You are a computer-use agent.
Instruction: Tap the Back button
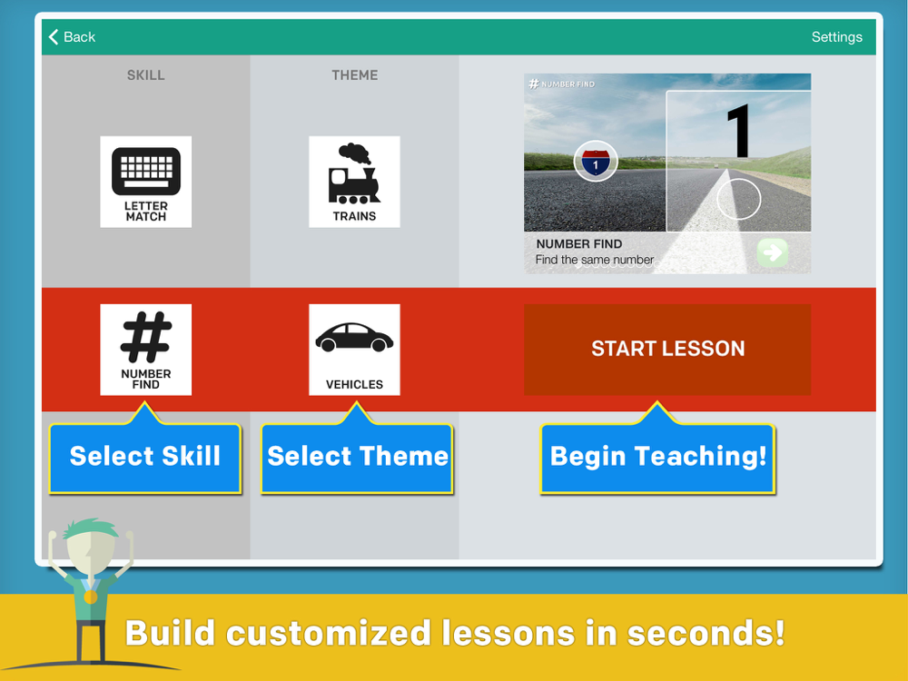coord(73,37)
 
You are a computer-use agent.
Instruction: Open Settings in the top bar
coord(837,37)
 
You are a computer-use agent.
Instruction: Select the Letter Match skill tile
coord(146,182)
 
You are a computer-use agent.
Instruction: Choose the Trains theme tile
coord(354,182)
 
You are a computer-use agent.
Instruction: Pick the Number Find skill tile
coord(146,350)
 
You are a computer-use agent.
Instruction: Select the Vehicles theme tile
coord(354,350)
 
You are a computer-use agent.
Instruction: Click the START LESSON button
coord(667,350)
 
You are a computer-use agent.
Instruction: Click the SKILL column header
coord(146,75)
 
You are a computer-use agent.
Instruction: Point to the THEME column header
coord(354,75)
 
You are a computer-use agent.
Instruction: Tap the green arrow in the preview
coord(773,252)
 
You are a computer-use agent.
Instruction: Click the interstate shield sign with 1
coord(596,161)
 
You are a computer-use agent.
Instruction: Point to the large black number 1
coord(738,131)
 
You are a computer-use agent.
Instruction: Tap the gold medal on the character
coord(90,597)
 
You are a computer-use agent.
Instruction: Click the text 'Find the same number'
coord(594,260)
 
